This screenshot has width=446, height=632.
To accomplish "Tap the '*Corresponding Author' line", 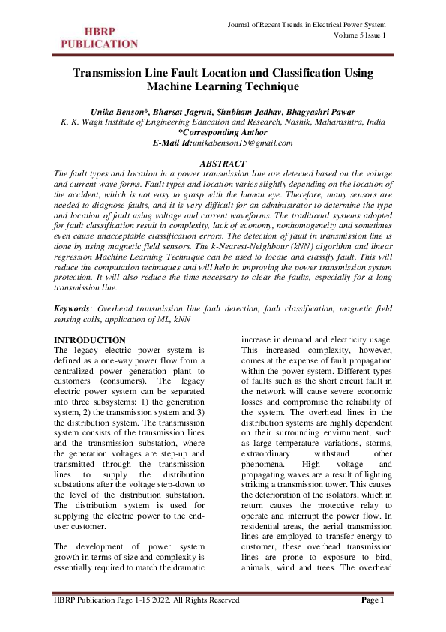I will coord(223,131).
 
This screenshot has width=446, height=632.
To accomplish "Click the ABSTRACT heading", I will coord(223,163).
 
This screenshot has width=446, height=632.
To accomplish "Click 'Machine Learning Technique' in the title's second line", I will coord(223,87).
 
